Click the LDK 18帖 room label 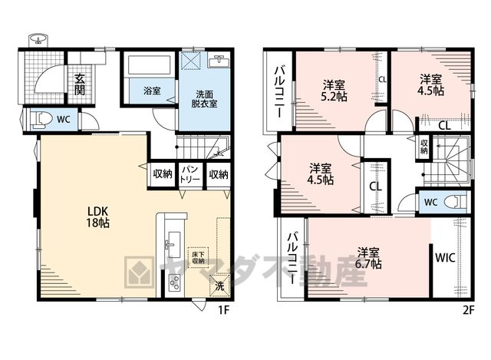click(x=98, y=216)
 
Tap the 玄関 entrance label click(x=80, y=84)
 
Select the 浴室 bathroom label click(x=152, y=91)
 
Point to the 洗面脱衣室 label click(x=205, y=99)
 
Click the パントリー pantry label click(x=190, y=174)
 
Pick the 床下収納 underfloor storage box click(x=198, y=257)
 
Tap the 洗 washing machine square click(x=220, y=285)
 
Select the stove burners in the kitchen click(x=174, y=282)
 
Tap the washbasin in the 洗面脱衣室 click(x=218, y=61)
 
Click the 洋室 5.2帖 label click(x=334, y=91)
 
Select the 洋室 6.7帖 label click(x=368, y=258)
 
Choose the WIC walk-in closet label click(x=445, y=258)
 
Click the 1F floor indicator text click(x=224, y=309)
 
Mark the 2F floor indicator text click(x=468, y=309)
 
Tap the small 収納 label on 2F click(x=424, y=147)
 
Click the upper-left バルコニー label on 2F click(x=279, y=92)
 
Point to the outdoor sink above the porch click(x=38, y=40)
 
